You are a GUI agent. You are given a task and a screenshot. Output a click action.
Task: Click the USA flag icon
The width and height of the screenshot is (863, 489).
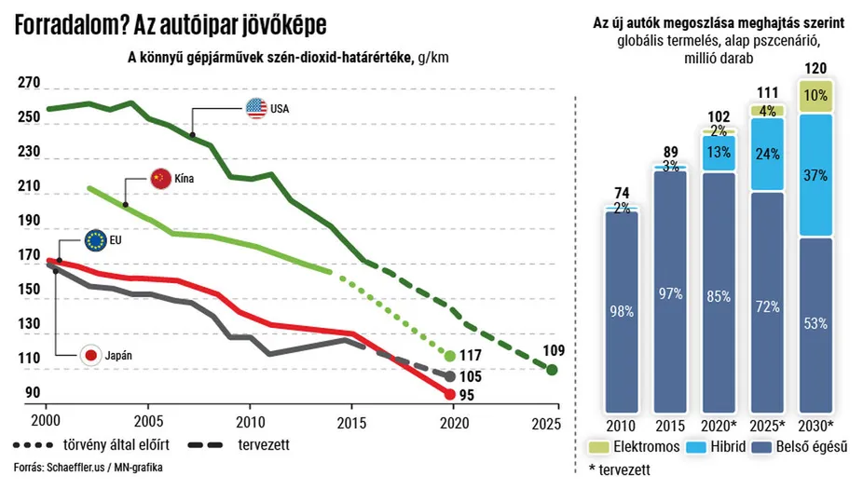point(255,108)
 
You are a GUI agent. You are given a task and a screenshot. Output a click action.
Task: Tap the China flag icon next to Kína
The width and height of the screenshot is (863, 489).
point(159,178)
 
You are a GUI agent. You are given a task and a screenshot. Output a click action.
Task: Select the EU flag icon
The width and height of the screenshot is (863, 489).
point(95,239)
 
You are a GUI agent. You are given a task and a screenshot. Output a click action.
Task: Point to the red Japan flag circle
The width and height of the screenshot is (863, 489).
point(91,354)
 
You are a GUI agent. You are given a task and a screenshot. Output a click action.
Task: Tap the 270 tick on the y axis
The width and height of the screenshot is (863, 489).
point(29,84)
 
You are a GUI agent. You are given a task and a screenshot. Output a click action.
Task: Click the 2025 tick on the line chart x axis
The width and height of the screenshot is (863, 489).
point(546,420)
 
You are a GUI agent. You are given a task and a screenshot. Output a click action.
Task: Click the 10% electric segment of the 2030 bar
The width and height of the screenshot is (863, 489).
point(815,95)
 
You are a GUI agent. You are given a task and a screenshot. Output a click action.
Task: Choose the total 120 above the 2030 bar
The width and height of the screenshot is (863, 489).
point(815,69)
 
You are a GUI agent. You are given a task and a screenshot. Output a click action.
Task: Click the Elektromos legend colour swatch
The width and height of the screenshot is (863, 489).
point(592,447)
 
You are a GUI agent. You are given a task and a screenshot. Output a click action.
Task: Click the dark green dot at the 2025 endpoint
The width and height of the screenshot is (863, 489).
point(552,370)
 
